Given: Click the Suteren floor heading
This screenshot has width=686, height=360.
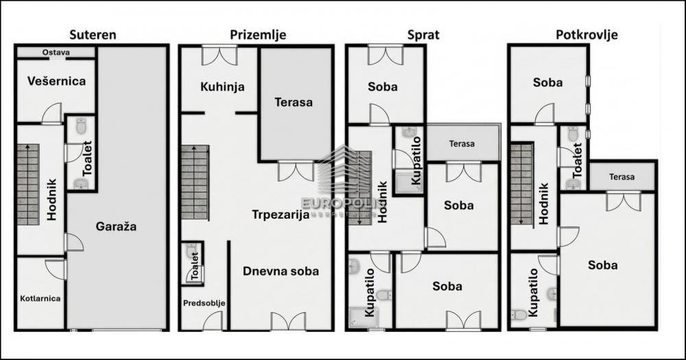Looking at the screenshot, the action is (x=93, y=34).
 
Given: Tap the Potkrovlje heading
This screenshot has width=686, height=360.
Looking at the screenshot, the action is (x=587, y=34).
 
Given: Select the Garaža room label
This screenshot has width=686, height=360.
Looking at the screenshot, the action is (x=116, y=226).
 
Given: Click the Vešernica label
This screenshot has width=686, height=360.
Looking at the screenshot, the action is (x=56, y=81).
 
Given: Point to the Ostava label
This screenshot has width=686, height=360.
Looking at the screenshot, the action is (x=56, y=53).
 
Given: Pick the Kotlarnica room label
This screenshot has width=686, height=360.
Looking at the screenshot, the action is (x=40, y=298).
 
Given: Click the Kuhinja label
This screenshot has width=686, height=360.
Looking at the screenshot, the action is (x=222, y=86).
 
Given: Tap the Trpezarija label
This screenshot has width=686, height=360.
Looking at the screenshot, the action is (x=281, y=215).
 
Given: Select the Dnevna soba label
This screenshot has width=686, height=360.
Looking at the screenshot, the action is (x=281, y=272).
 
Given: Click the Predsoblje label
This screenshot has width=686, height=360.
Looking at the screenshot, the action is (x=204, y=303).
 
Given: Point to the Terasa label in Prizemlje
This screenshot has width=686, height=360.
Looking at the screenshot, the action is (x=294, y=102).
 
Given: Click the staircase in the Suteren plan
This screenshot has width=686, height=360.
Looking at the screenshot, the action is (x=28, y=184).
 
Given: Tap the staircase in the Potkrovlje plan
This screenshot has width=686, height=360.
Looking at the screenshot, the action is (x=521, y=184).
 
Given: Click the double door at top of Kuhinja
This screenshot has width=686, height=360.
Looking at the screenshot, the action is (x=220, y=56).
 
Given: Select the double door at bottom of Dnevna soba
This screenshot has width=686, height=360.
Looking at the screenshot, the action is (x=288, y=321).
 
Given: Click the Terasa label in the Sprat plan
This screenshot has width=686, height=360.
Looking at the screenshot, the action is (x=462, y=143).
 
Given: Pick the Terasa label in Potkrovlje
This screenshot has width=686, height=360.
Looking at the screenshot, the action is (x=622, y=177).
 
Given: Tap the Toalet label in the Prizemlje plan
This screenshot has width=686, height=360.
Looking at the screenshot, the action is (x=195, y=266).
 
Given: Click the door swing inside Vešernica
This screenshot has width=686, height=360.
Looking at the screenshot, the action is (x=51, y=114).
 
